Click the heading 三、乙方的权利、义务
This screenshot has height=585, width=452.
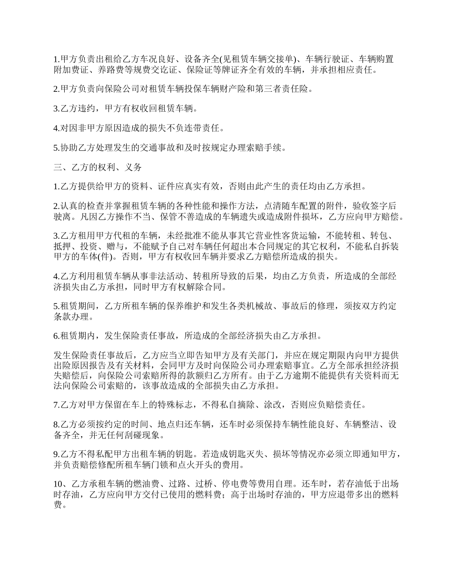(x=98, y=167)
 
